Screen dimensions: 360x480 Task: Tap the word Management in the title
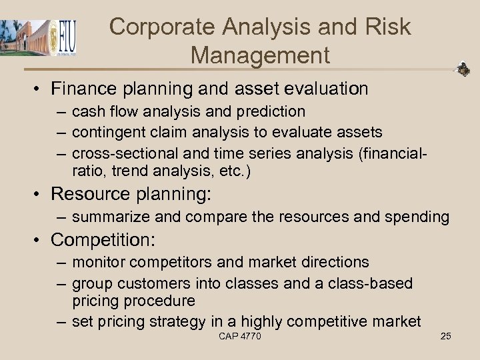point(260,55)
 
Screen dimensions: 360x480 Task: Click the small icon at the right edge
point(463,69)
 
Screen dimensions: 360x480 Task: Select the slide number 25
point(445,336)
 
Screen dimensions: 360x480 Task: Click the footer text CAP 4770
point(240,336)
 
